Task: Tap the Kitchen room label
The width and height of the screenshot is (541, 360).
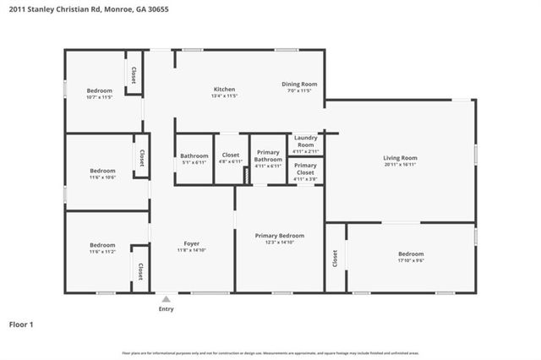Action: (x=224, y=90)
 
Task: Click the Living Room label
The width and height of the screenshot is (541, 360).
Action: (x=400, y=157)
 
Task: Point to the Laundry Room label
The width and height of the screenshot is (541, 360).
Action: (x=305, y=141)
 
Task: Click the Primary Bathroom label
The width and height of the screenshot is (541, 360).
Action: (x=268, y=156)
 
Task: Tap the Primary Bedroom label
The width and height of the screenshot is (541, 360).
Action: (x=279, y=236)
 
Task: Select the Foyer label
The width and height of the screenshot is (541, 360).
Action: (x=192, y=245)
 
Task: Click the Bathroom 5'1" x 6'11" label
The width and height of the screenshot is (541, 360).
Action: (x=194, y=155)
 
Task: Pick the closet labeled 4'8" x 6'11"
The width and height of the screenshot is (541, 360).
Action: (x=231, y=155)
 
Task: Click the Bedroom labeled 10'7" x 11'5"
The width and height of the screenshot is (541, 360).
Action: (x=100, y=90)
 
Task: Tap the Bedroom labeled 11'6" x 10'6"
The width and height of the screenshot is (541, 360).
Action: (x=102, y=171)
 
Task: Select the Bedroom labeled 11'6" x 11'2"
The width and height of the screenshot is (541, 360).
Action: (x=102, y=245)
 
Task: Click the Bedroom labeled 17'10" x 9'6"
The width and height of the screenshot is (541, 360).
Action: (x=411, y=254)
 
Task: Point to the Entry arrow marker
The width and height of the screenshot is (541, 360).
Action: (x=167, y=298)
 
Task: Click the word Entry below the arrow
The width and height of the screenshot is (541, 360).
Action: (x=167, y=308)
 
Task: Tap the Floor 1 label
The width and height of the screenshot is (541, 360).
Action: (x=21, y=325)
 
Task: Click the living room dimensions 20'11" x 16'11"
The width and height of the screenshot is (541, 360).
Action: (x=400, y=164)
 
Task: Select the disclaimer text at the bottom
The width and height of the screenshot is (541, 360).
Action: (x=270, y=352)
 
